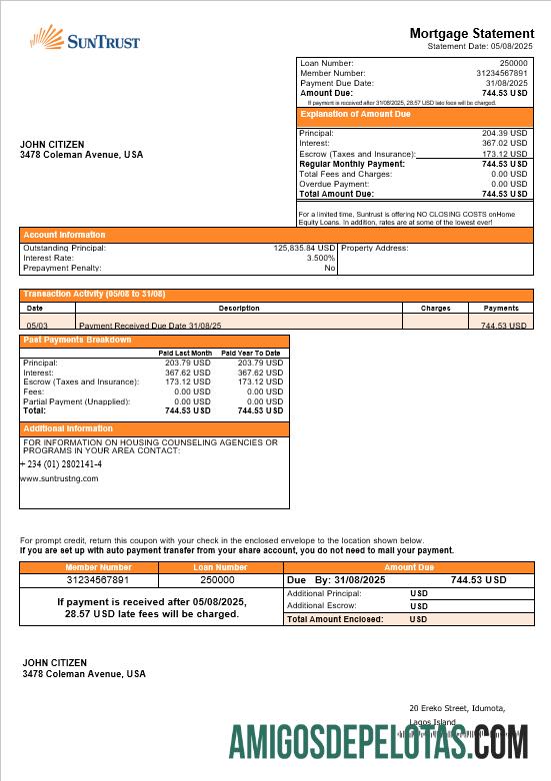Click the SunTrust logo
pos(85,39)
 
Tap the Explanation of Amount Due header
pos(342,115)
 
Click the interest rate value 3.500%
pos(320,258)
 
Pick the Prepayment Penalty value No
pos(329,268)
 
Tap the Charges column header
pos(435,309)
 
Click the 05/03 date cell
pos(36,326)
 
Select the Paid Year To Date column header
pos(251,353)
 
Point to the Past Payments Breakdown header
pos(77,341)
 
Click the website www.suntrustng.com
pos(59,478)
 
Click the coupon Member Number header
pos(98,567)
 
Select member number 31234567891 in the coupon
pos(98,579)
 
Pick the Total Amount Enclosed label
pos(335,619)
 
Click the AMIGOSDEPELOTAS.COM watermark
pos(378,744)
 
